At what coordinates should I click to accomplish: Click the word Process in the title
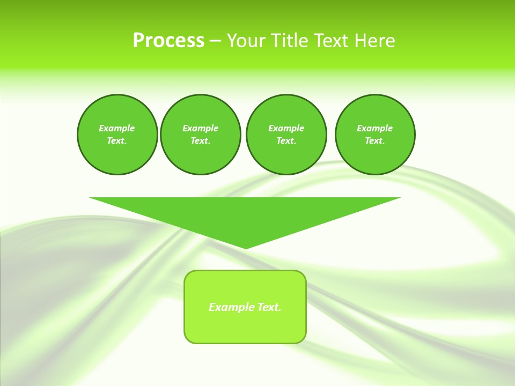coord(168,41)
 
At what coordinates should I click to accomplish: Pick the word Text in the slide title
coord(331,41)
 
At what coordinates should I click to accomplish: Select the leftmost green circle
coord(117,135)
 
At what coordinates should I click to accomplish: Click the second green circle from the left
coord(201,135)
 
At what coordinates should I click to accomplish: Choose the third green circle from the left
coord(286,135)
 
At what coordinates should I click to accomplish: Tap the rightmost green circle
coord(375,135)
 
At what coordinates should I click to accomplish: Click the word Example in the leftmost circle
coord(117,128)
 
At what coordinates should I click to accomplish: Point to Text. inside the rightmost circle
coord(375,141)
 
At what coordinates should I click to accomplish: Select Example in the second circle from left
coord(201,128)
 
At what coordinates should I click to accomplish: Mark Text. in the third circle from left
coord(286,141)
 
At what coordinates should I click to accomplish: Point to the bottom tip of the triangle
coord(245,247)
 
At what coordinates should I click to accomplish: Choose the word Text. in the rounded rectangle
coord(269,307)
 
